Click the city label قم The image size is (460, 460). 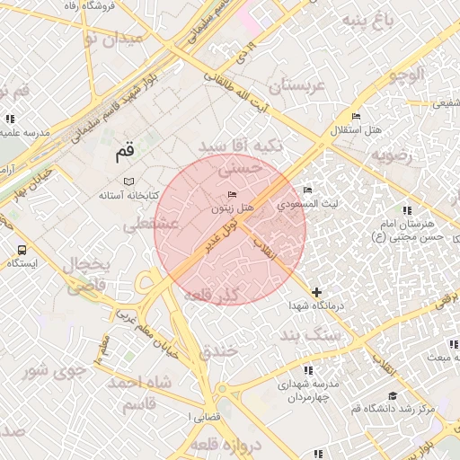click(x=124, y=154)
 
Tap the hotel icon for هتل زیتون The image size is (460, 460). click(x=233, y=195)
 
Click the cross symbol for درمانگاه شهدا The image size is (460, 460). click(x=316, y=292)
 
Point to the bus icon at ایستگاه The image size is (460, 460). click(x=22, y=250)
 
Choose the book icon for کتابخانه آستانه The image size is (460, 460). click(x=128, y=182)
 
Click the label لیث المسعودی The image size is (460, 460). click(x=308, y=204)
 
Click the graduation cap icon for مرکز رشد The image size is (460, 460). click(x=392, y=395)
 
